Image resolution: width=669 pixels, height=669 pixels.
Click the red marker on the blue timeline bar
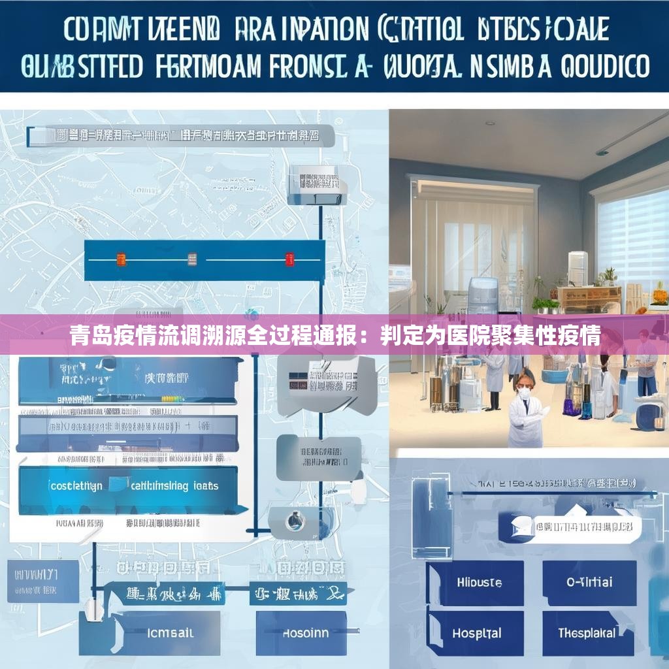pos(289,259)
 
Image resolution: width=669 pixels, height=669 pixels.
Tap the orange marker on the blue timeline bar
pos(121,259)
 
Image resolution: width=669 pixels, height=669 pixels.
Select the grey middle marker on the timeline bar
pos(192,259)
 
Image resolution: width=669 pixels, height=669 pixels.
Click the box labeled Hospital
pos(476,633)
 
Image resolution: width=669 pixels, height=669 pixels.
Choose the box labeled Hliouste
pos(479,582)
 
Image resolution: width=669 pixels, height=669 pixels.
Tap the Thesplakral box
pos(587,633)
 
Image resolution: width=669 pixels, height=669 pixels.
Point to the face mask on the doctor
pos(523,394)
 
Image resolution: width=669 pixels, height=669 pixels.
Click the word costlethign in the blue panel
pos(76,486)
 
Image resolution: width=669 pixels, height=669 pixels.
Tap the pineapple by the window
pos(659,295)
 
